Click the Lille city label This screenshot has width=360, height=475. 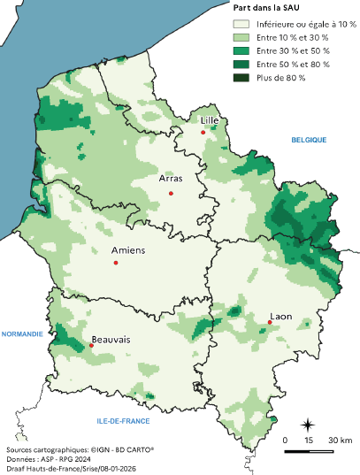click(210, 120)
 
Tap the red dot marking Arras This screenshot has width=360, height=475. click(171, 194)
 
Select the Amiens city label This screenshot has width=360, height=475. click(128, 250)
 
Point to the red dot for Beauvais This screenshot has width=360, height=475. click(91, 346)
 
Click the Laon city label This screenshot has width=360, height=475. click(281, 316)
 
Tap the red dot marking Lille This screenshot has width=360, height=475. click(203, 133)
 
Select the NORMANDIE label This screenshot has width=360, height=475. click(22, 334)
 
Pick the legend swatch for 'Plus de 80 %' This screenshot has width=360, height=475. click(240, 78)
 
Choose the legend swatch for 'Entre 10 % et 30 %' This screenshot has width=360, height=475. click(240, 38)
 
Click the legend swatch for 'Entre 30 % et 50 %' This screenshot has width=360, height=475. click(240, 51)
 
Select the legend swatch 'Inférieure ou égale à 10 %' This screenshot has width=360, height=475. click(240, 25)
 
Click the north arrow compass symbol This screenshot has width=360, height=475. click(308, 425)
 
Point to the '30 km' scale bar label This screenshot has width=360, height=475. click(341, 440)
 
